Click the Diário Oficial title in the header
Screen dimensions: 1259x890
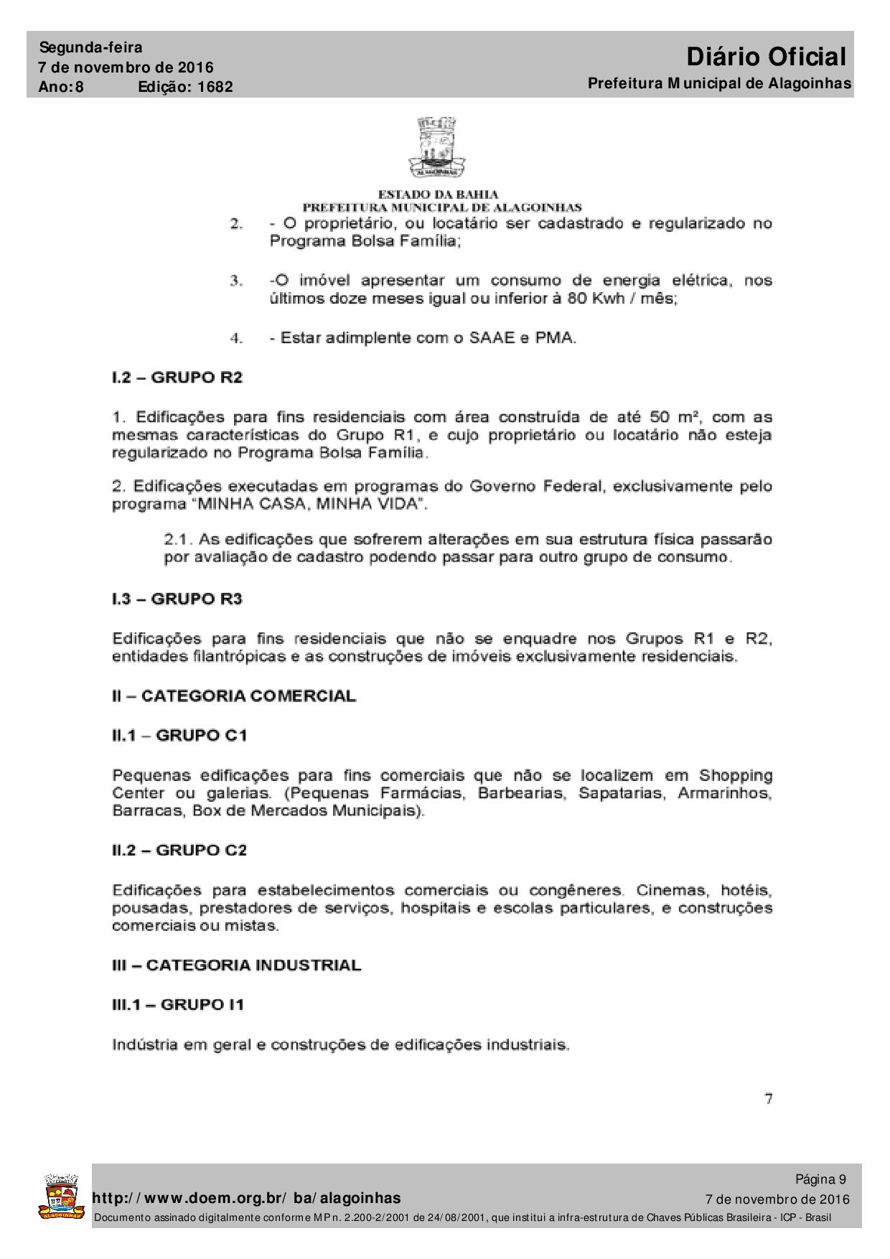tap(766, 56)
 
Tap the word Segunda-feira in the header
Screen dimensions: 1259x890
tap(91, 47)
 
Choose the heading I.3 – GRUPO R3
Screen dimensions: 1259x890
tap(177, 599)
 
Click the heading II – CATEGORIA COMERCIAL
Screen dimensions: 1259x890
tap(234, 696)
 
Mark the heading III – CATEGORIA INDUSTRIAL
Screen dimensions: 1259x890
tap(237, 965)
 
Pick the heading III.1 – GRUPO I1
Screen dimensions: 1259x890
tap(178, 1004)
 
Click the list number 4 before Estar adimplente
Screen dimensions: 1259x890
tap(236, 338)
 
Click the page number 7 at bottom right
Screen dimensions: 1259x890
tap(768, 1098)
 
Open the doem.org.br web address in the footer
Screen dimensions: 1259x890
tap(248, 1198)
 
